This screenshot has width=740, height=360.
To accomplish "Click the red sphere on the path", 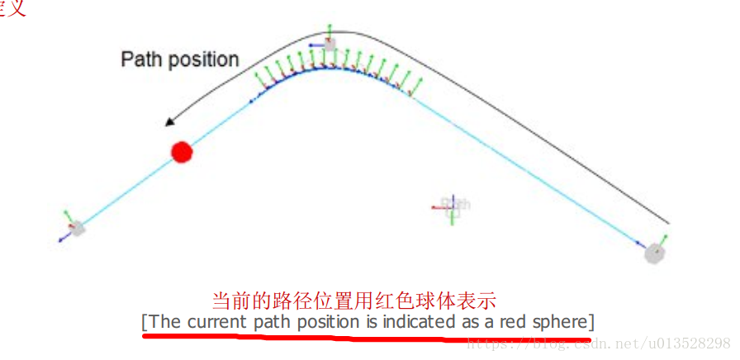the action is (x=182, y=152).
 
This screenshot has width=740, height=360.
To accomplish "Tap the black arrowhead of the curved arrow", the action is (x=169, y=122).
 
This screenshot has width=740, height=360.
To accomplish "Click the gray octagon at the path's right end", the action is (x=655, y=253).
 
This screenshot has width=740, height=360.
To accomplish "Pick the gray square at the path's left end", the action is (x=78, y=228).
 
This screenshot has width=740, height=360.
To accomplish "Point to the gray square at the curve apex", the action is (x=330, y=45).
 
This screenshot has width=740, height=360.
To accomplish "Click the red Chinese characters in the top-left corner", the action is (x=13, y=8).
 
